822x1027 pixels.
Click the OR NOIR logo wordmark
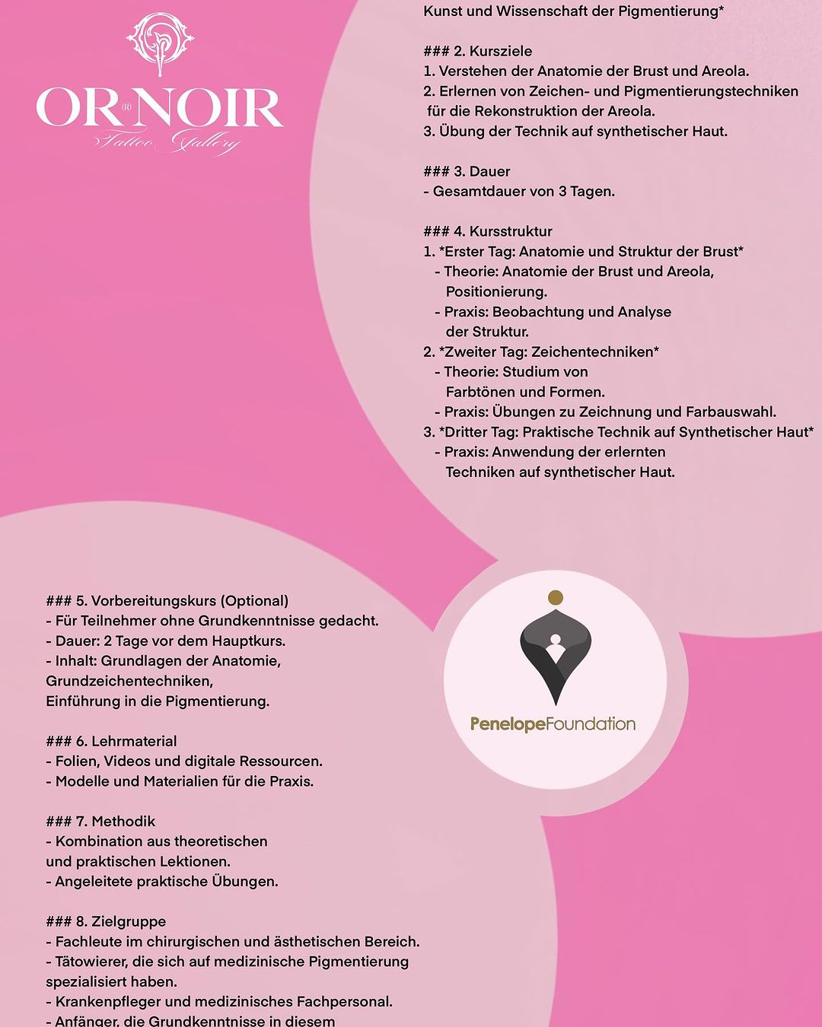click(160, 109)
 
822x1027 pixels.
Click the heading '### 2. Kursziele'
click(477, 51)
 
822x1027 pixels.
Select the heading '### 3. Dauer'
click(467, 171)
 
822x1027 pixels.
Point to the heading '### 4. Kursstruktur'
click(488, 231)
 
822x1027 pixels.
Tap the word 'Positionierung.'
click(496, 291)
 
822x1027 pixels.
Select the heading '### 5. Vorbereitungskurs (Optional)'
click(167, 601)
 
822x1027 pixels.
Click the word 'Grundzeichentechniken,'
click(129, 681)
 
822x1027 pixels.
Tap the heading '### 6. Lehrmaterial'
click(111, 741)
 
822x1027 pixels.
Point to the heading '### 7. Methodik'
click(100, 822)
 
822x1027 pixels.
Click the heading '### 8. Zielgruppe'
click(106, 922)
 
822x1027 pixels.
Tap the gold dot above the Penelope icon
click(556, 597)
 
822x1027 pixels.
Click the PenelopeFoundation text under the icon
click(553, 724)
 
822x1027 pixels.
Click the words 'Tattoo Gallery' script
click(167, 143)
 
